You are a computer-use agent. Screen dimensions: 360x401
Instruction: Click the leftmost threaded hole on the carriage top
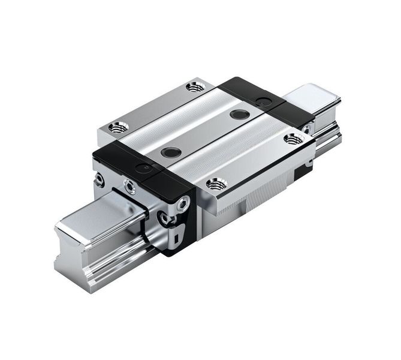click(118, 127)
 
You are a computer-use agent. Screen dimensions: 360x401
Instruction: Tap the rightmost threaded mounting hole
click(293, 139)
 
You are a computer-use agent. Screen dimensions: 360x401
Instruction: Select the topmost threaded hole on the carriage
click(195, 86)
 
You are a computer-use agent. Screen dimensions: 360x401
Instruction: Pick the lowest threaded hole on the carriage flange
click(215, 184)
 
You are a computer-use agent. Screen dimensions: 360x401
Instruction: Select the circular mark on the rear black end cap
click(261, 98)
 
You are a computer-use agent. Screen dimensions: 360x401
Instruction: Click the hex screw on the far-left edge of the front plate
click(100, 179)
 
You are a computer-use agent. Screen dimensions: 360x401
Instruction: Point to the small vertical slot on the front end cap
click(177, 239)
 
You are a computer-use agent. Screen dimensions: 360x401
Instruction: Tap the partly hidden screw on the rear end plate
click(307, 128)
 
